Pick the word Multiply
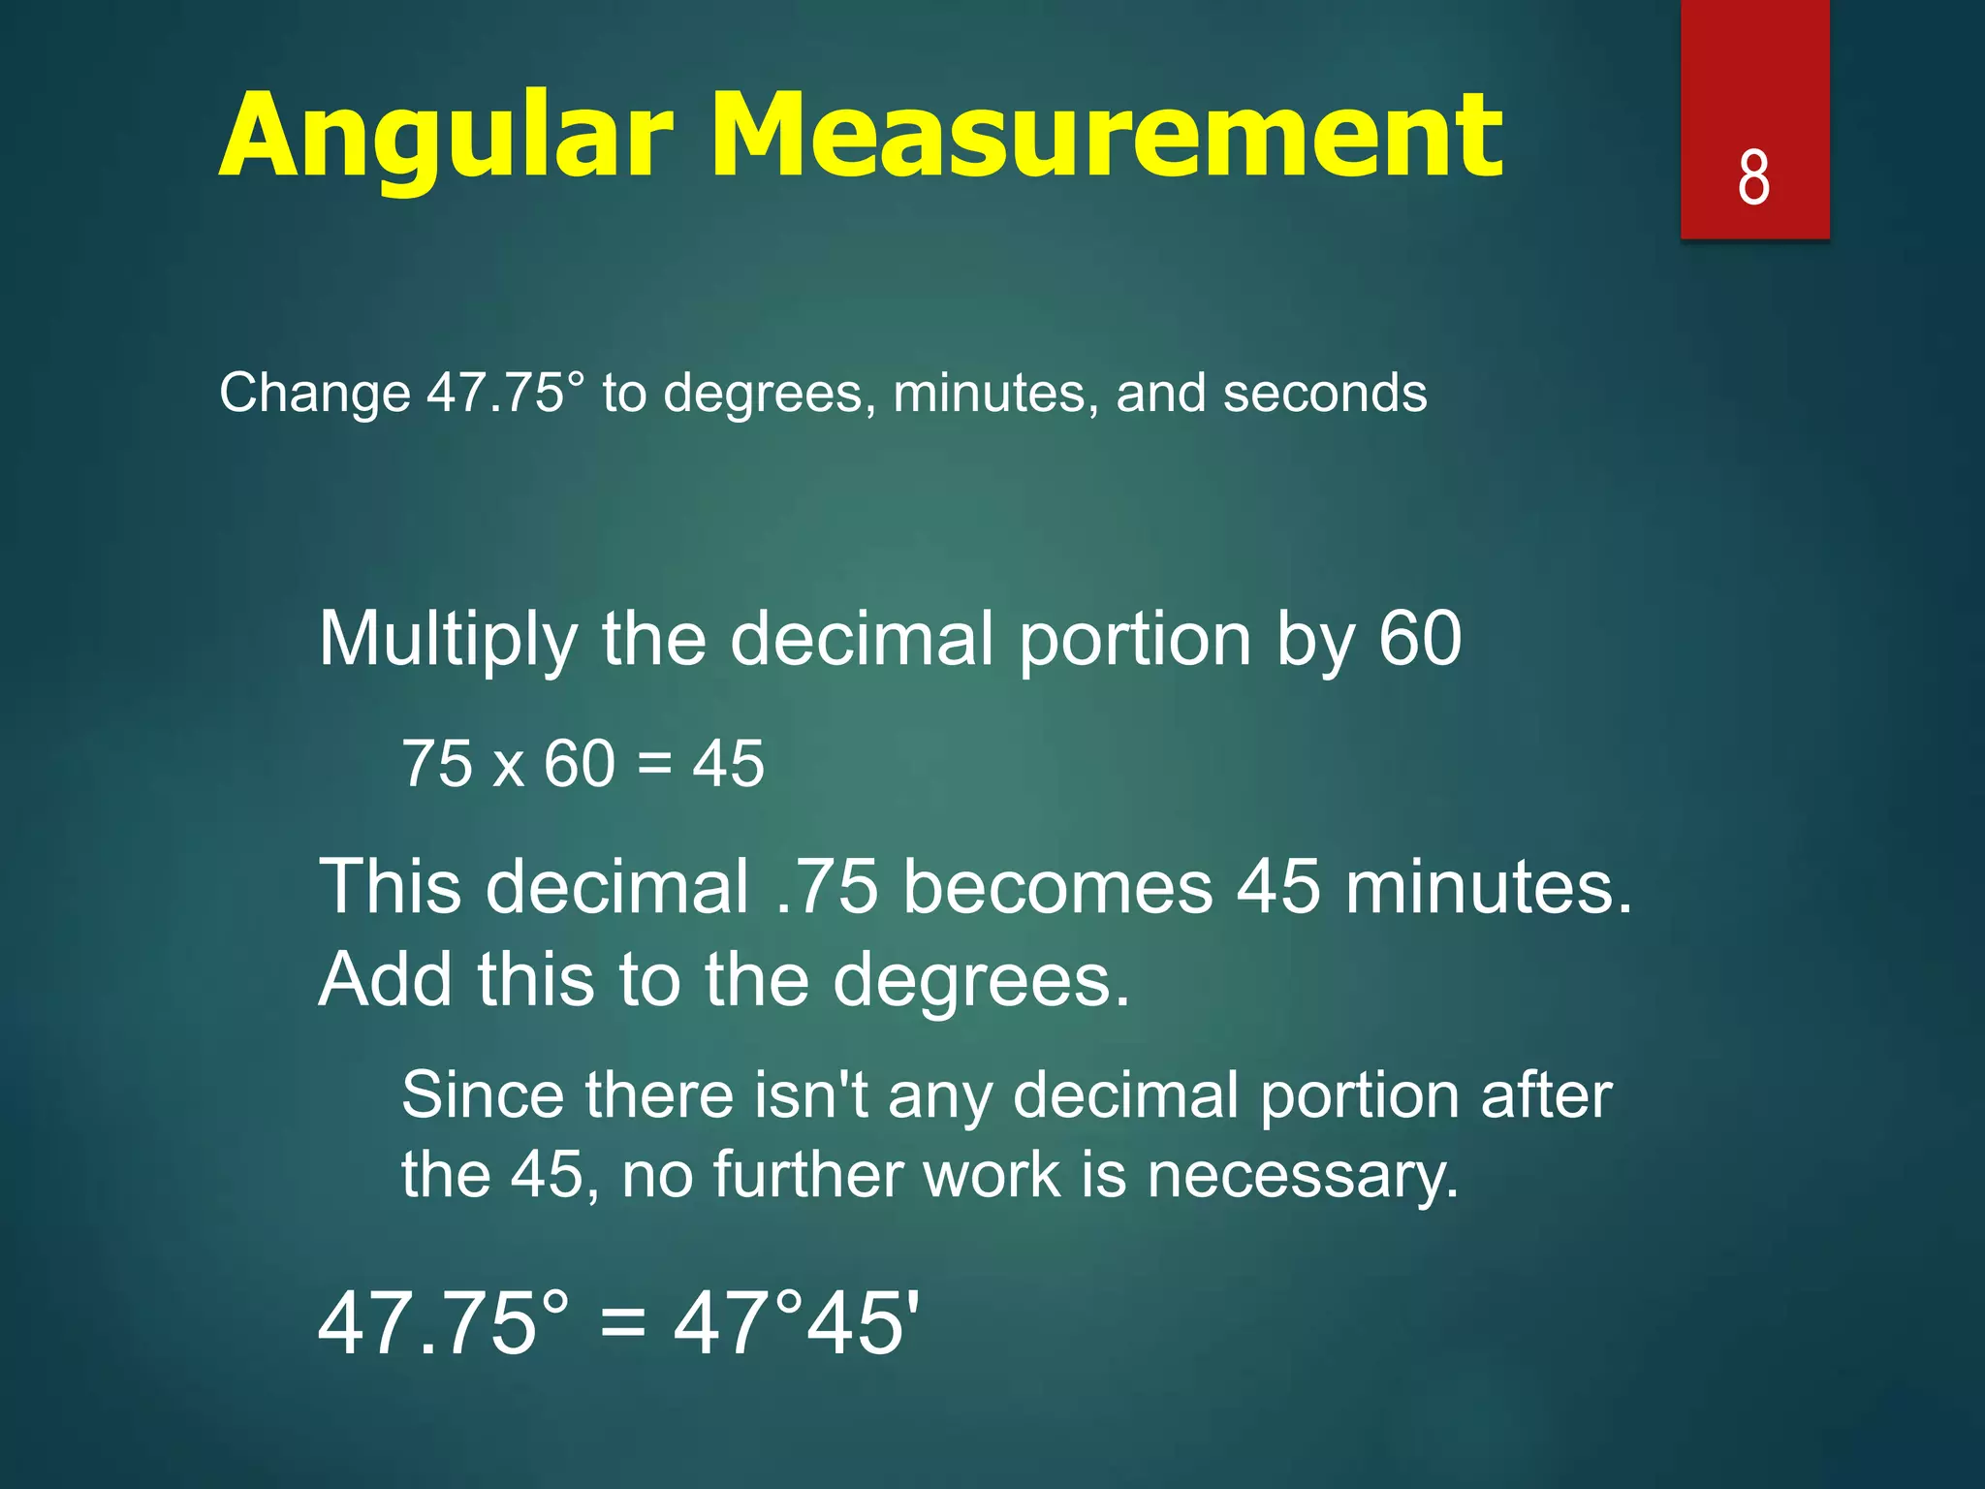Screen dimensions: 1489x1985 [x=448, y=640]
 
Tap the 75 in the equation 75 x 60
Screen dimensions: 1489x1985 [x=437, y=763]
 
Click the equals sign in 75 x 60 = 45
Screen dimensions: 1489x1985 [x=655, y=763]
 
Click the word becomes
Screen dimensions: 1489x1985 [x=1057, y=887]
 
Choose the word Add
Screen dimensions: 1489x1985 [x=385, y=980]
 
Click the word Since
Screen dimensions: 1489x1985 [x=483, y=1096]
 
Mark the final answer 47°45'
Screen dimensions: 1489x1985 [x=796, y=1324]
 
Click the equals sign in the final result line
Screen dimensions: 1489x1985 [x=622, y=1324]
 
